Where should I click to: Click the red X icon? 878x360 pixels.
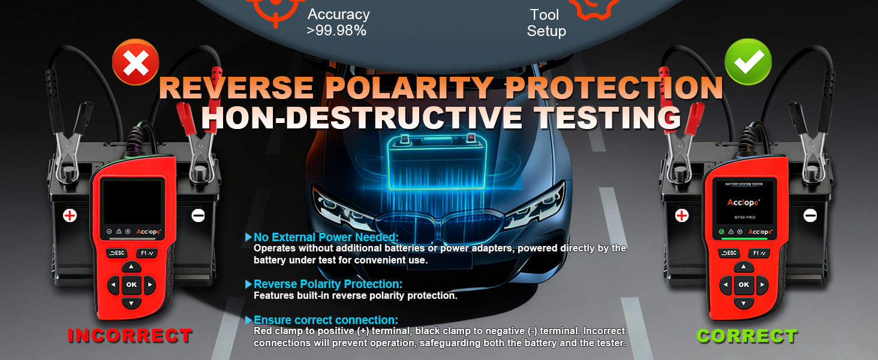[x=136, y=62]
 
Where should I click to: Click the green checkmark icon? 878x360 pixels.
[x=748, y=62]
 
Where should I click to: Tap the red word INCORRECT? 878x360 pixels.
[x=130, y=335]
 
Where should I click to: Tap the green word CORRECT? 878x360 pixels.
[x=747, y=336]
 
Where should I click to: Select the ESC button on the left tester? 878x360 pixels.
[x=117, y=253]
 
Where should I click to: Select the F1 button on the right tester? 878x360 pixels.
[x=759, y=253]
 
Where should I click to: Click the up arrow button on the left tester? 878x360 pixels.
[x=131, y=267]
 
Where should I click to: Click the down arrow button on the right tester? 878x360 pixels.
[x=744, y=303]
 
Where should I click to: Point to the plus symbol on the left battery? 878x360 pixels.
[x=70, y=215]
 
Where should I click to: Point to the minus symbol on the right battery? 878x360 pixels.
[x=810, y=215]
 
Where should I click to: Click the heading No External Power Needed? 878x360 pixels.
[x=326, y=237]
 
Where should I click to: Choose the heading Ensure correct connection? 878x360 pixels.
[x=326, y=320]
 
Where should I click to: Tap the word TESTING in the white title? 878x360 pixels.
[x=608, y=117]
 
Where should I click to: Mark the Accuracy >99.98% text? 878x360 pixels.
[x=338, y=22]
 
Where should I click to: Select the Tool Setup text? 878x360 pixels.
[x=546, y=23]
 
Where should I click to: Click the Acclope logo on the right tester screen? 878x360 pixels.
[x=744, y=202]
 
